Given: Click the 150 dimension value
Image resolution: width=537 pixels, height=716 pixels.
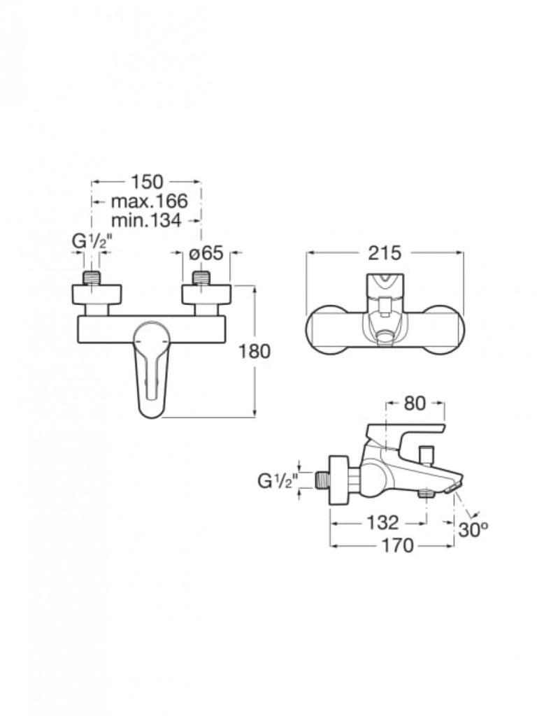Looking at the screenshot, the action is click(147, 181).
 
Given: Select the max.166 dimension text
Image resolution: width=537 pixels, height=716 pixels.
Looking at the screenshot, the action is click(150, 201).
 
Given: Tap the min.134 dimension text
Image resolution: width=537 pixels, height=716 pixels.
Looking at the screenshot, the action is click(146, 220).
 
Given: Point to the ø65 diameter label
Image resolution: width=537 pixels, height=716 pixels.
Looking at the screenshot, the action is click(206, 252).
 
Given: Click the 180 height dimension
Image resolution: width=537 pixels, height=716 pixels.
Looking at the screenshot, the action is click(255, 351).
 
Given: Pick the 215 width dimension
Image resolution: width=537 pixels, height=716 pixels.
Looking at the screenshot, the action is click(385, 252).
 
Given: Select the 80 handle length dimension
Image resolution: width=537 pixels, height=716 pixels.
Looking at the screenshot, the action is click(415, 403).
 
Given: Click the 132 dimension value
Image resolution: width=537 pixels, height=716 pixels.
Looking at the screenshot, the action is click(382, 523).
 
